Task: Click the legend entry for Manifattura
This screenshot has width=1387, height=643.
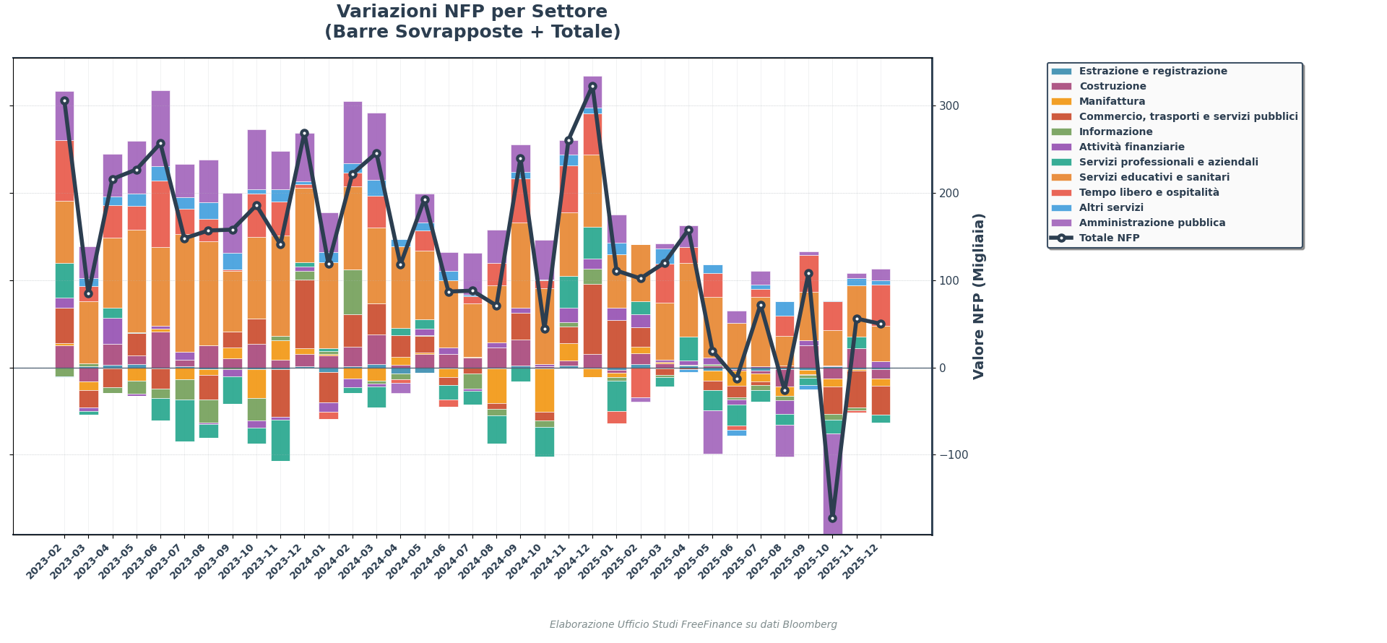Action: point(1112,102)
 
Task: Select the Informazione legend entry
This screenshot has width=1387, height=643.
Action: point(1115,132)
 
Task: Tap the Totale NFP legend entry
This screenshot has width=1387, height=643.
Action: point(1109,238)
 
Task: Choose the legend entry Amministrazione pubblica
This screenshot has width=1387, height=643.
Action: point(1151,223)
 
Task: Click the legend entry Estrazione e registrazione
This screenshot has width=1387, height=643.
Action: point(1153,72)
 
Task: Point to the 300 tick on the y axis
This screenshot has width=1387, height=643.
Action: point(949,106)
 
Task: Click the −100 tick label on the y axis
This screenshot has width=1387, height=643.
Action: point(953,455)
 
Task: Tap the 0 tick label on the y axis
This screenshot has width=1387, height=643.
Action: point(942,368)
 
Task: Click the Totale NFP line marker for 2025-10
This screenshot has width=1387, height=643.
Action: point(832,519)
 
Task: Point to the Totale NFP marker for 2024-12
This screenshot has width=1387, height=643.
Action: point(592,86)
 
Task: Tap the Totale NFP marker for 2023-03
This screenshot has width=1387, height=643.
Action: point(88,293)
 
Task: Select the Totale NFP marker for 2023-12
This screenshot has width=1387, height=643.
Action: point(304,133)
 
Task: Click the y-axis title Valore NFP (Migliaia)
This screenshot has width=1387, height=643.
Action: point(979,296)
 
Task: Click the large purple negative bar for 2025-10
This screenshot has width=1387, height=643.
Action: point(832,484)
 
